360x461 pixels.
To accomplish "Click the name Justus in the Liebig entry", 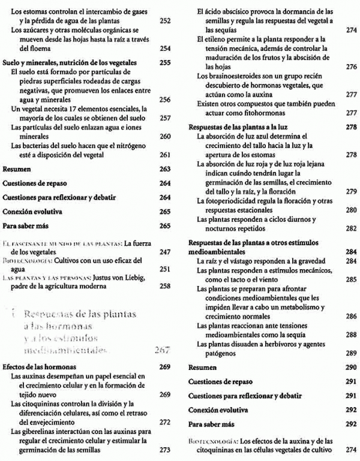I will pos(103,278).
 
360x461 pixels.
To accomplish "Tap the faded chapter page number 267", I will pos(163,349).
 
